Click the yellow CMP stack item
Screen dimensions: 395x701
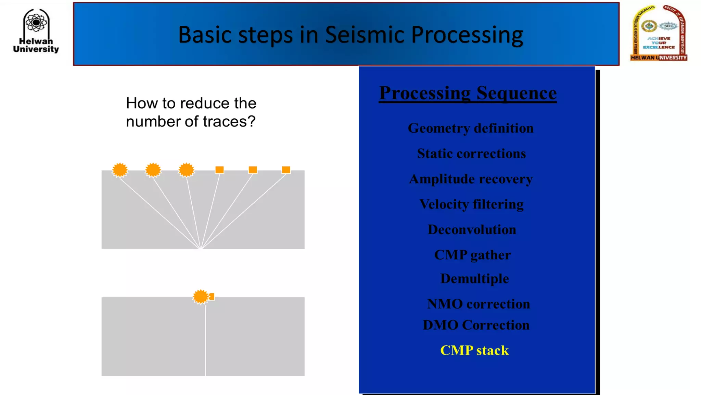(x=474, y=350)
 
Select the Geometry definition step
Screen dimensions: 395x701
(x=471, y=128)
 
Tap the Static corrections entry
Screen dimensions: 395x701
(x=471, y=154)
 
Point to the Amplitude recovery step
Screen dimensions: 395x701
(x=471, y=179)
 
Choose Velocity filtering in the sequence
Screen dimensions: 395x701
(x=471, y=204)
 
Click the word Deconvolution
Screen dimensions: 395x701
(x=472, y=230)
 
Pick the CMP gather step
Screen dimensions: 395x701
(x=472, y=255)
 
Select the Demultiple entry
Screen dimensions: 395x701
(x=474, y=278)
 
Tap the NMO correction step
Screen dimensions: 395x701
(x=478, y=304)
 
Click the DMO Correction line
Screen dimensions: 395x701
(x=476, y=325)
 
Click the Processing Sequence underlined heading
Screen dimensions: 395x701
(x=468, y=93)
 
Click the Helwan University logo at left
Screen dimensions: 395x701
(x=36, y=31)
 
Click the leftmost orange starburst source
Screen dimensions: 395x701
(x=120, y=170)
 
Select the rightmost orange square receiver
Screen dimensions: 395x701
(x=286, y=170)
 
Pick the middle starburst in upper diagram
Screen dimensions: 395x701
(x=153, y=170)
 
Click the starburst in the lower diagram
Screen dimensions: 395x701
(x=201, y=297)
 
